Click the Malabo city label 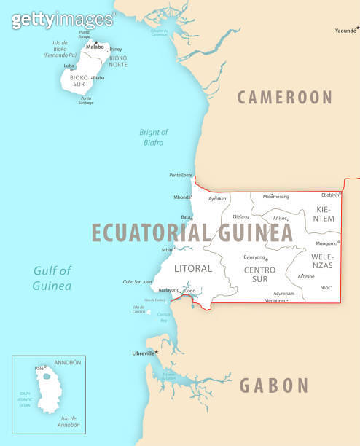point(94,47)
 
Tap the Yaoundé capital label point(345,31)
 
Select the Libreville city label point(143,353)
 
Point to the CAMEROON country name point(284,97)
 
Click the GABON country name point(274,386)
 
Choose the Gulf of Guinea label point(52,278)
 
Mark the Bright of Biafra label point(154,137)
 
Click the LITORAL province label point(193,268)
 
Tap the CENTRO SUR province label point(259,274)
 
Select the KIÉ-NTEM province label point(324,214)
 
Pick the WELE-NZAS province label point(322,261)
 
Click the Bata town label point(186,217)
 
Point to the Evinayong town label point(254,257)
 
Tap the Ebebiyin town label point(330,195)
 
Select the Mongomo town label point(326,243)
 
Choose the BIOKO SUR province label point(78,79)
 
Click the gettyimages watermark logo point(63,20)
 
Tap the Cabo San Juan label point(137,281)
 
